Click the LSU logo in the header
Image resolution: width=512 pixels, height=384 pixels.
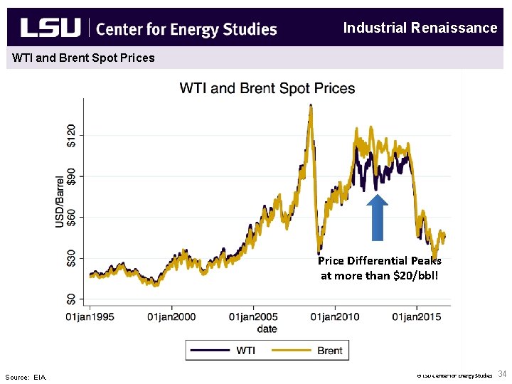click(x=50, y=28)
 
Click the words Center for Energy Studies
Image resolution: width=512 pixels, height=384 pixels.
click(x=186, y=29)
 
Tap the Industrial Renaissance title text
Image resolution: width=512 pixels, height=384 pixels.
click(x=420, y=28)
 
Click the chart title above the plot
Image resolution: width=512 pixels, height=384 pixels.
click(x=267, y=89)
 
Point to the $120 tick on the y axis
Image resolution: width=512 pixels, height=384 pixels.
click(x=70, y=134)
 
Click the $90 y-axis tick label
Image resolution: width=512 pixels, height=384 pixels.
click(x=70, y=176)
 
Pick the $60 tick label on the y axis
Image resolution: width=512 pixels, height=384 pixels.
click(x=70, y=217)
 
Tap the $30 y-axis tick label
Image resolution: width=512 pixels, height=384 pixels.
click(x=70, y=258)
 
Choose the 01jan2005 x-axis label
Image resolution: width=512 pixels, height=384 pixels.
click(x=253, y=317)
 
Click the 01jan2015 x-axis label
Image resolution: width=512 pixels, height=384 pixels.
click(x=417, y=317)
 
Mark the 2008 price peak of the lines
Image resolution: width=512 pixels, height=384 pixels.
click(x=310, y=107)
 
